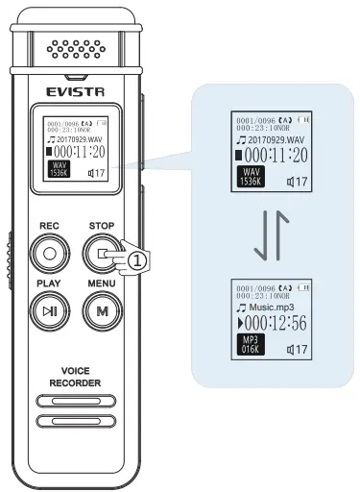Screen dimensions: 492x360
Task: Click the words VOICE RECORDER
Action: click(76, 376)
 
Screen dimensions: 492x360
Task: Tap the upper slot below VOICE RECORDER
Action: click(76, 401)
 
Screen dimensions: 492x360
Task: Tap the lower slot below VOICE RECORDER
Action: click(76, 420)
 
